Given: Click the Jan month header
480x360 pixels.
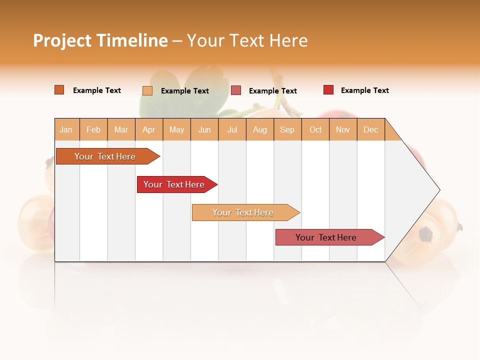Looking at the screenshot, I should point(66,129).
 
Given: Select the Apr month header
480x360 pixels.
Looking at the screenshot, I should point(149,129).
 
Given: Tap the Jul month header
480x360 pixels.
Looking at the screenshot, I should point(232,129).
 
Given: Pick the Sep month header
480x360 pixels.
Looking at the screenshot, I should point(287,129).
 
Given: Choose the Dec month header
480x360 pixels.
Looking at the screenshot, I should point(370,129).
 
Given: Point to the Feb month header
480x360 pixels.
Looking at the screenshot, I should point(93,129).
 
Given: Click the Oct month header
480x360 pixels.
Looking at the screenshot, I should point(315,129).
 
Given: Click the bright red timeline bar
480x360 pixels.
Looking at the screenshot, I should point(175,184).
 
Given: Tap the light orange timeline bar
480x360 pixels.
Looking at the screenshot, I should point(243,212).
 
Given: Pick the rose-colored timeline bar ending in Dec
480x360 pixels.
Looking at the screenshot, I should point(327,237).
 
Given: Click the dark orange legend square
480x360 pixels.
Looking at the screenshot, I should point(59,90).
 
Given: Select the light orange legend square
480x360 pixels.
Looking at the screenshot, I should point(147,90).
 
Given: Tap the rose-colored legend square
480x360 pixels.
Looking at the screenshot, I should point(236,90).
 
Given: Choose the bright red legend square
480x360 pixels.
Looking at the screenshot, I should point(328,90).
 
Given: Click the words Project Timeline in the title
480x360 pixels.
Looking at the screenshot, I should point(100,40).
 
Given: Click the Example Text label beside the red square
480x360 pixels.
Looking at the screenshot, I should point(364,90).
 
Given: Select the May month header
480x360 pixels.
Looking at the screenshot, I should point(176,129).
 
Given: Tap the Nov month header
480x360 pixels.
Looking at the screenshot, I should point(343,129).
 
